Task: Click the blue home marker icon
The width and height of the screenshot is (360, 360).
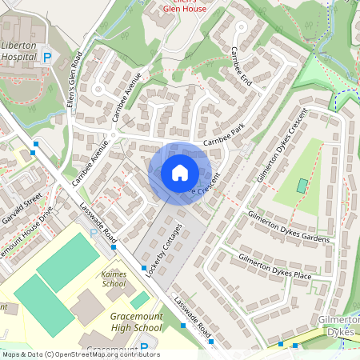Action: point(180,173)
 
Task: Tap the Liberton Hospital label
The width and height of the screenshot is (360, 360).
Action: point(19,52)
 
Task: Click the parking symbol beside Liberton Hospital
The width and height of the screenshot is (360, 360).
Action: point(47,58)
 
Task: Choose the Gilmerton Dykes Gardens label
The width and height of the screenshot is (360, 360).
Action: point(288,229)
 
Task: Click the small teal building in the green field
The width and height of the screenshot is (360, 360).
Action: point(302,186)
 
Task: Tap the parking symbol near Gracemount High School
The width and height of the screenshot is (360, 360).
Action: point(144,348)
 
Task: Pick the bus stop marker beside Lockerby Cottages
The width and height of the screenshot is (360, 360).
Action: point(144,267)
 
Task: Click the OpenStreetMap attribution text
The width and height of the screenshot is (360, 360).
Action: point(80,354)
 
